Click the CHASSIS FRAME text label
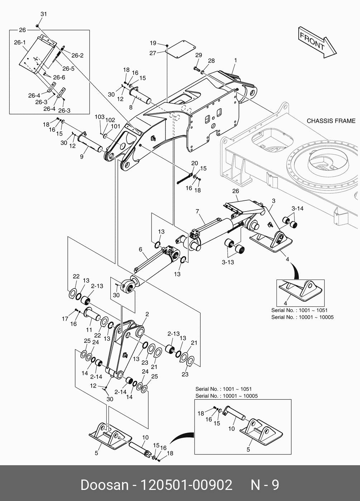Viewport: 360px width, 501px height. point(331,121)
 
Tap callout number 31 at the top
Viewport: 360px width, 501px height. point(43,14)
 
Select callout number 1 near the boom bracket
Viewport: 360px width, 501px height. point(235,60)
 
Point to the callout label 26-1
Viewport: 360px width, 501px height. point(20,42)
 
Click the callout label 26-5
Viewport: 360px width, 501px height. point(68,69)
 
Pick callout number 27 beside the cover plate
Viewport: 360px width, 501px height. point(153,53)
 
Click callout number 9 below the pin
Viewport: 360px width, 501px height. point(81,156)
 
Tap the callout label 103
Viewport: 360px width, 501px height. point(99,117)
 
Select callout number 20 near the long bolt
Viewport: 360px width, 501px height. point(194,163)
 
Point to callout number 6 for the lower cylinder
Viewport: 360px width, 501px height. point(140,249)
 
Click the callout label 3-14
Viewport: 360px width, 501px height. point(297,208)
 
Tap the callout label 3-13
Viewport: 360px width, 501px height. point(228,262)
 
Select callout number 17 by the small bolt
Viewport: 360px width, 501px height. point(65,318)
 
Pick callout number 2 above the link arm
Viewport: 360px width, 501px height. point(147,314)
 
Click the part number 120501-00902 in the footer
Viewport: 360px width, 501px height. point(186,485)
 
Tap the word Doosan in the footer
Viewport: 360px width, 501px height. point(104,485)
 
